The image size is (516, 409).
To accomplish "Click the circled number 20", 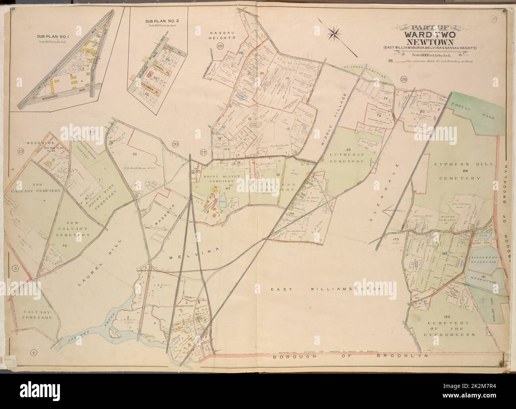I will pos(175,145).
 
